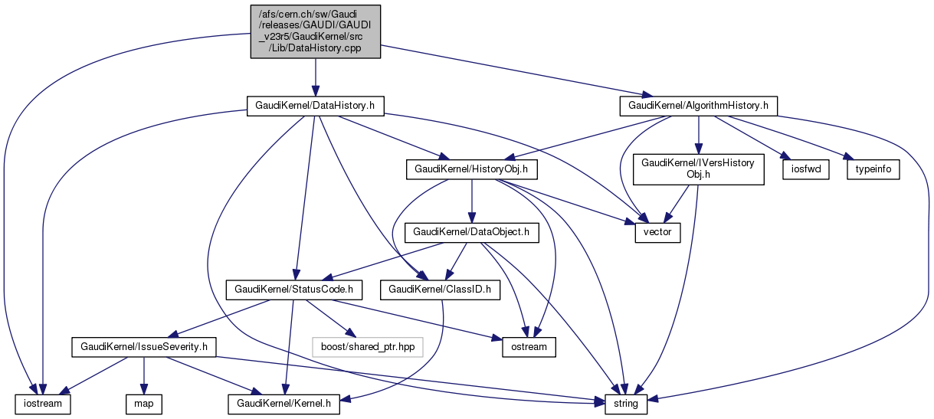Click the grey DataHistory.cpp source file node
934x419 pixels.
(316, 31)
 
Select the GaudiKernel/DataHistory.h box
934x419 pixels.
(315, 105)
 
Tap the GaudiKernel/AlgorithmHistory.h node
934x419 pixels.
(698, 105)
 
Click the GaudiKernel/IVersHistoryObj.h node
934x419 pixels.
(698, 169)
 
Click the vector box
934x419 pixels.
(657, 231)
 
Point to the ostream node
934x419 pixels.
(529, 347)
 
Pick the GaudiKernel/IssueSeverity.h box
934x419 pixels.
(144, 347)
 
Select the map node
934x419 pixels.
(143, 402)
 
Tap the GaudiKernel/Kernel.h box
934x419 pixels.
(283, 402)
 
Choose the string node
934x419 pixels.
(627, 402)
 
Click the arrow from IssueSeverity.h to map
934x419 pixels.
(144, 375)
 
